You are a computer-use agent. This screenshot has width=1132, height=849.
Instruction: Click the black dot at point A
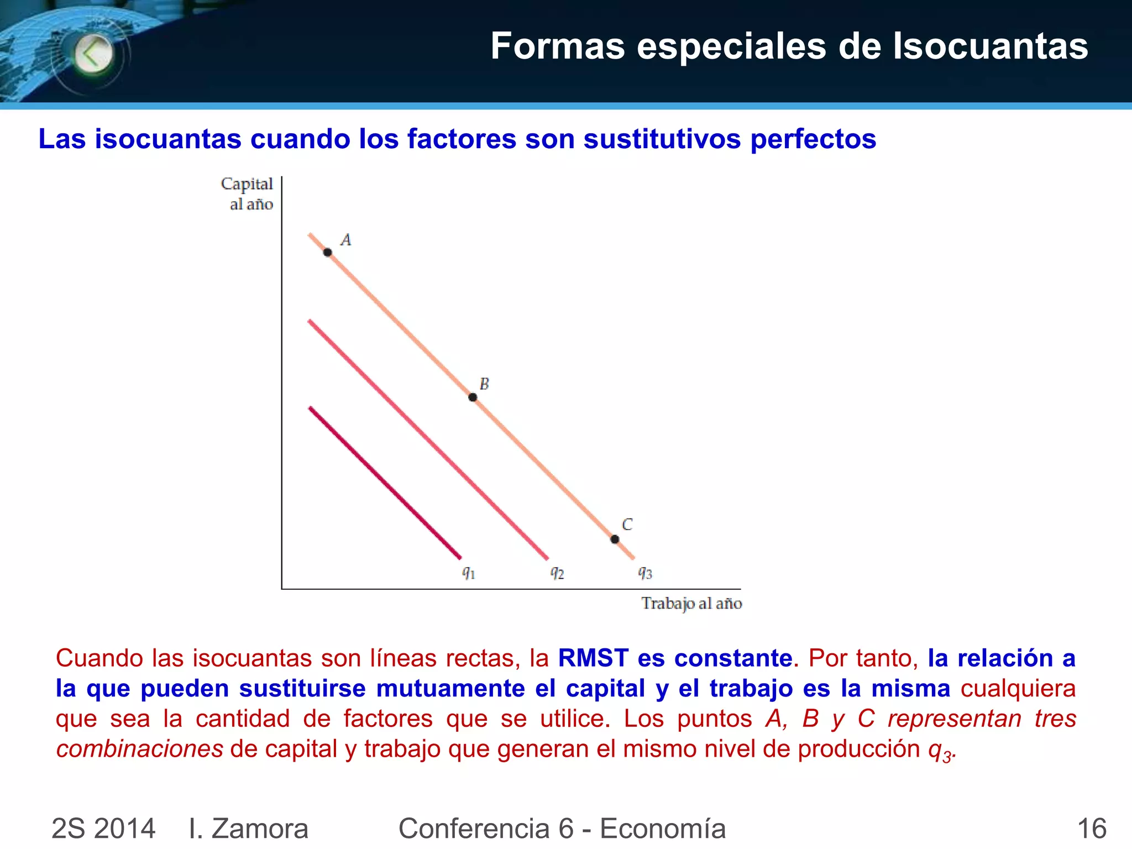click(x=328, y=253)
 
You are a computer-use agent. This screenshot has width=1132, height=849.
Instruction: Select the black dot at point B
click(x=473, y=397)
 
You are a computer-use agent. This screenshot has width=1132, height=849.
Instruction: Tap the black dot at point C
click(x=615, y=539)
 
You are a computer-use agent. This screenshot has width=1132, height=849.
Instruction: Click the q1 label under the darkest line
click(x=469, y=573)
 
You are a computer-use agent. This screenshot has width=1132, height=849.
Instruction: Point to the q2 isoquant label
click(x=557, y=573)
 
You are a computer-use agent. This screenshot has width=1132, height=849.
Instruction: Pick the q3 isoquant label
click(x=645, y=573)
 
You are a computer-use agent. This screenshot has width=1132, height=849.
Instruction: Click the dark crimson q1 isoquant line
click(x=385, y=483)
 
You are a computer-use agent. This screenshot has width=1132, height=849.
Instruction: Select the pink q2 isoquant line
click(x=428, y=439)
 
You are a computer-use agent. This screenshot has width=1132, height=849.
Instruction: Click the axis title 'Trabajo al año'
click(x=691, y=603)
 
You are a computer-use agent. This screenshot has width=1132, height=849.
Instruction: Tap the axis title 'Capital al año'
click(x=248, y=193)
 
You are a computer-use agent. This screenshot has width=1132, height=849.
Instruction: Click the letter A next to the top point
click(x=346, y=240)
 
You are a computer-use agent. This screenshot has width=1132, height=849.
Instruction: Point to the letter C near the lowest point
click(x=627, y=524)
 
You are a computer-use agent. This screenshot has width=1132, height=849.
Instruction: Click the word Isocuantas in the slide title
click(x=990, y=46)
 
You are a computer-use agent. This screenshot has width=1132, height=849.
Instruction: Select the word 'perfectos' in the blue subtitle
click(x=813, y=139)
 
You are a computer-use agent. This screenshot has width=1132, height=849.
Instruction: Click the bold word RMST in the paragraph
click(x=593, y=658)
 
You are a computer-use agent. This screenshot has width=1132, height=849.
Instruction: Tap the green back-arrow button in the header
click(x=93, y=54)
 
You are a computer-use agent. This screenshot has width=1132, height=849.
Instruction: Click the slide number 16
click(x=1091, y=829)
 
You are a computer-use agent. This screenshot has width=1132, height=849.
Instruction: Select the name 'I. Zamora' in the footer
click(x=248, y=829)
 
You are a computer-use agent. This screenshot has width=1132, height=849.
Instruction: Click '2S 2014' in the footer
click(x=103, y=829)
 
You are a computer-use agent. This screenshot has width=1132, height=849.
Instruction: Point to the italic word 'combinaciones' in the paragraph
click(x=139, y=750)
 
